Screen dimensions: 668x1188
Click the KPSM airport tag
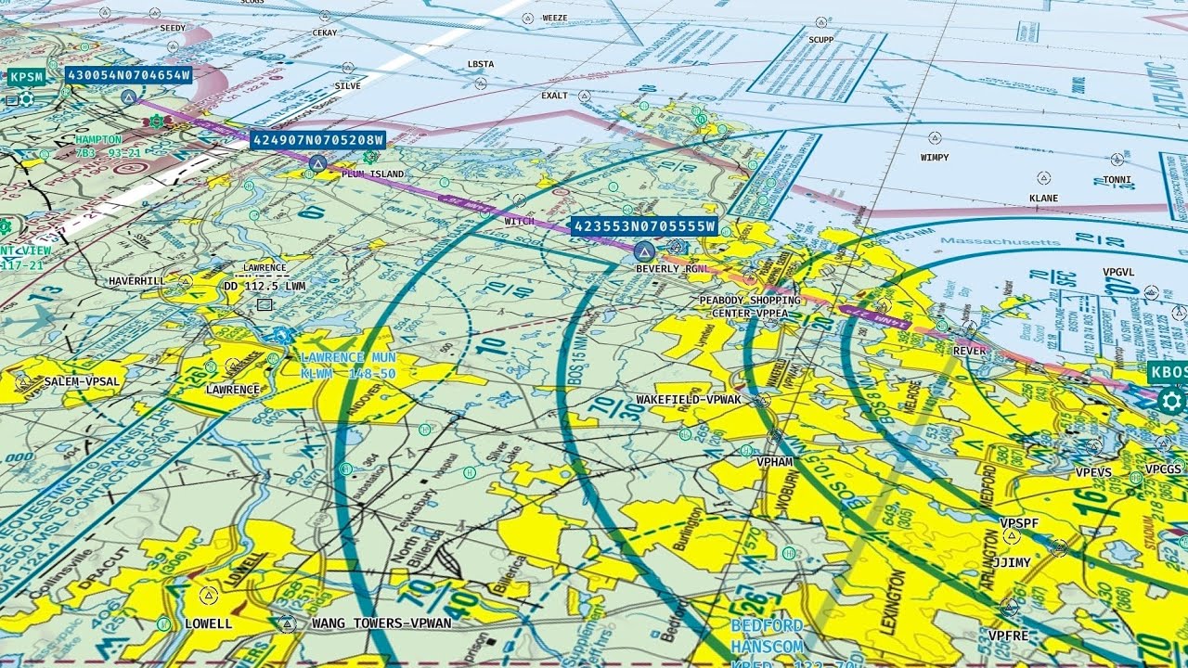click(26, 77)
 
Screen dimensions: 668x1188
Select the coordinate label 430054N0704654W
click(128, 75)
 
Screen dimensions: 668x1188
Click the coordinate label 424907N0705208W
click(317, 140)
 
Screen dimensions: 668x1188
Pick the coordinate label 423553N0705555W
click(644, 226)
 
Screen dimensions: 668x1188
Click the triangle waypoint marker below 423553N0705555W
click(643, 250)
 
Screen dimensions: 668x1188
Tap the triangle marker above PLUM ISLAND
click(317, 164)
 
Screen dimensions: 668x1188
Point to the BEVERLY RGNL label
click(671, 269)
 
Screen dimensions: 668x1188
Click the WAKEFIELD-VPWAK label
click(689, 400)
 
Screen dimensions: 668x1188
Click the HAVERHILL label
click(136, 280)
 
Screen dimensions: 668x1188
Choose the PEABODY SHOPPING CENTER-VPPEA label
click(749, 307)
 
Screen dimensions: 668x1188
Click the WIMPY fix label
click(935, 158)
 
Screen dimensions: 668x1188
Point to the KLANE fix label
click(1043, 199)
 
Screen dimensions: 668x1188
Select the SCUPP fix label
click(820, 40)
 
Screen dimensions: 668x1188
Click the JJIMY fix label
click(1011, 562)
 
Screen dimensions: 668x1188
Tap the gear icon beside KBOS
click(1171, 402)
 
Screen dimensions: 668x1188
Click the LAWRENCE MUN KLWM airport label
click(348, 365)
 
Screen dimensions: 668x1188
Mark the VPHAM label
click(774, 461)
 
